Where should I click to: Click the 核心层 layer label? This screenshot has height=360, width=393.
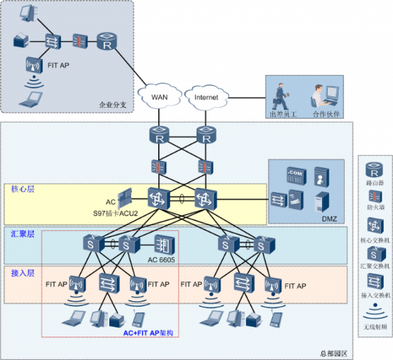tap(22, 190)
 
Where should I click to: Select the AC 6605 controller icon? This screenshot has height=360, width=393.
tap(162, 245)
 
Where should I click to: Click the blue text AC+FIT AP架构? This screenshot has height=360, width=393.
tap(148, 332)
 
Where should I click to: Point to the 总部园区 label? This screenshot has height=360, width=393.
tap(331, 352)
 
